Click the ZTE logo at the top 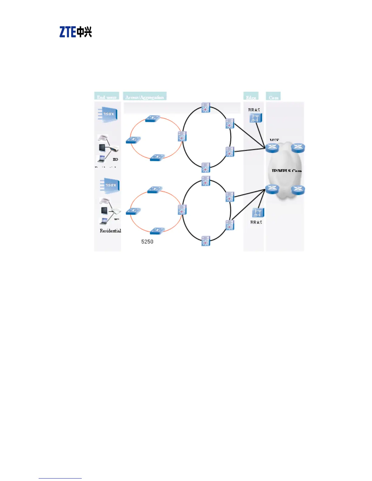pyautogui.click(x=75, y=32)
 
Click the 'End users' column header pyautogui.click(x=107, y=97)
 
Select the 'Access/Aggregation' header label pyautogui.click(x=145, y=97)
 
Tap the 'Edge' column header pyautogui.click(x=251, y=97)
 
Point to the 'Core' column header pyautogui.click(x=273, y=97)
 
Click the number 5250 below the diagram pyautogui.click(x=147, y=242)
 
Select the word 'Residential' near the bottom pyautogui.click(x=110, y=231)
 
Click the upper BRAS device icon pyautogui.click(x=256, y=118)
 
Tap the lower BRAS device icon pyautogui.click(x=258, y=213)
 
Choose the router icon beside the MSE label pyautogui.click(x=272, y=148)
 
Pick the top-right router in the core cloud pyautogui.click(x=298, y=148)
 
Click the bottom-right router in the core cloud pyautogui.click(x=298, y=190)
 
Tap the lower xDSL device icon pyautogui.click(x=110, y=185)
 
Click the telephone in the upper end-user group pyautogui.click(x=103, y=138)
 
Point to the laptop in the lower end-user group pyautogui.click(x=104, y=221)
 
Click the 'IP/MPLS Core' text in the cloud pyautogui.click(x=286, y=171)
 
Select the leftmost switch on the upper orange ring pyautogui.click(x=133, y=140)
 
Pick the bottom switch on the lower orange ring pyautogui.click(x=157, y=231)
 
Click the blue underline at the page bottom pyautogui.click(x=60, y=478)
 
